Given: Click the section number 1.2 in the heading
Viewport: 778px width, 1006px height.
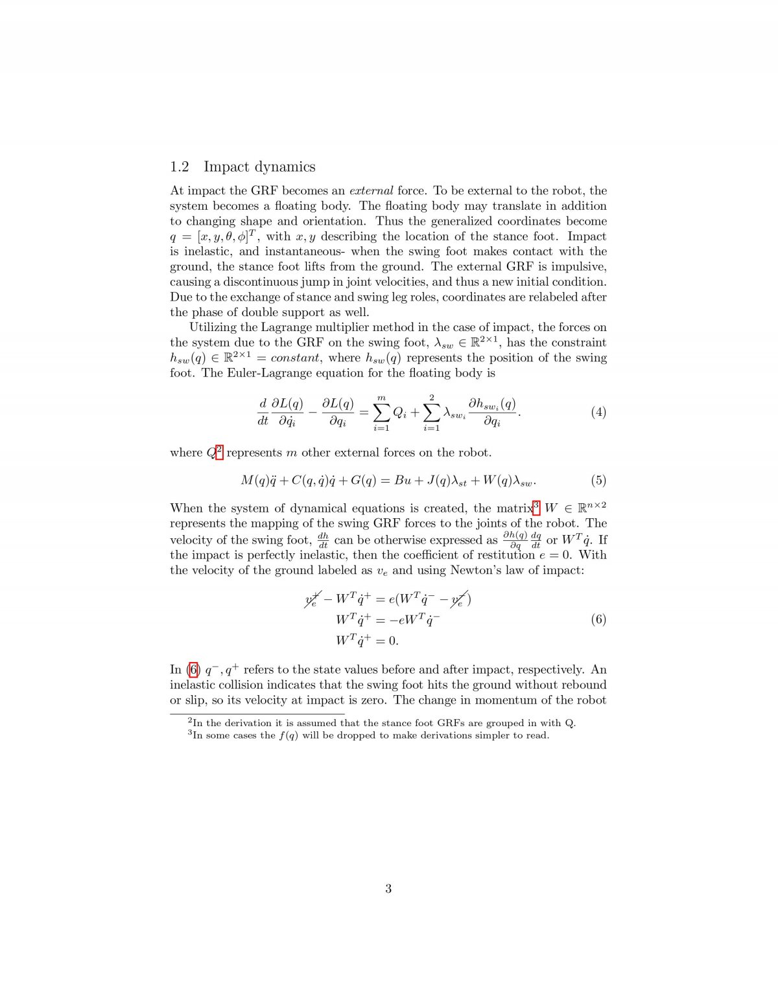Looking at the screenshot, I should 180,167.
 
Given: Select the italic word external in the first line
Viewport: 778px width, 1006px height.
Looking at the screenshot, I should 371,190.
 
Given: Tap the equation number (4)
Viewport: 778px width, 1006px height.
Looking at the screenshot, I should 598,412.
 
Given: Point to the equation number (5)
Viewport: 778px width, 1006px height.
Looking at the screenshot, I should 598,480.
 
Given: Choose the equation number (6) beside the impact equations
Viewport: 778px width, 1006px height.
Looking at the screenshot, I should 598,619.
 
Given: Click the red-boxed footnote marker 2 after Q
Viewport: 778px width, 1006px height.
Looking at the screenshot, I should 219,451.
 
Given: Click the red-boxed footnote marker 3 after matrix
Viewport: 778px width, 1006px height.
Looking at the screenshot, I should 536,506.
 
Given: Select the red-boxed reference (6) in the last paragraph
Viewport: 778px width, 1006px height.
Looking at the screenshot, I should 193,669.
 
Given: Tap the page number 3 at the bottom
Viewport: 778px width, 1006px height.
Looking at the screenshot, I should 388,889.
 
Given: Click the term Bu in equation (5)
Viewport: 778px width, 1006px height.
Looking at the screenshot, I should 403,480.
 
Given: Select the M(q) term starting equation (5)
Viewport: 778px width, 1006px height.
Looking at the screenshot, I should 253,480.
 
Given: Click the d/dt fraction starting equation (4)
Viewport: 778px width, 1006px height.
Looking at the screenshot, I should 263,412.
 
